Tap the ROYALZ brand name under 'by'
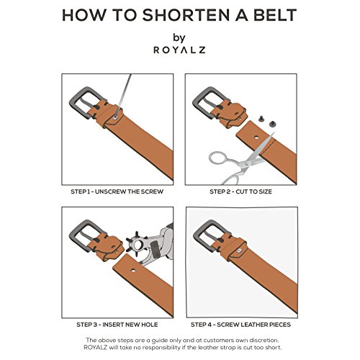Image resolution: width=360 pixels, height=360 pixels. [x=179, y=50]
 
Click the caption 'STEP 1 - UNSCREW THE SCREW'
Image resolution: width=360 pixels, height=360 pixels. [x=117, y=192]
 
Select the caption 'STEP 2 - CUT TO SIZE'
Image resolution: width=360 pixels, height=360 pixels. [x=240, y=192]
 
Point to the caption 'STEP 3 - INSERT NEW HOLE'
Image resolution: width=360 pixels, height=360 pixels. [x=117, y=325]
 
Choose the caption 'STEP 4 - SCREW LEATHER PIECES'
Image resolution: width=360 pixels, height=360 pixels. [x=240, y=325]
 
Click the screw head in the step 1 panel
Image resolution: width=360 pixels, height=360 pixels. [x=115, y=117]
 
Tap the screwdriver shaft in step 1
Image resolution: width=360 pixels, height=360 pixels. [x=125, y=94]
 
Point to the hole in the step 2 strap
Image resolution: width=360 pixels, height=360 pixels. [x=256, y=138]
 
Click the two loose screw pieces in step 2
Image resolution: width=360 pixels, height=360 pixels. [x=267, y=121]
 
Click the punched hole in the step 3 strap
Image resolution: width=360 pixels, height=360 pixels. [x=133, y=271]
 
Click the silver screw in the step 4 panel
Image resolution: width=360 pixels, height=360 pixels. [x=240, y=251]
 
